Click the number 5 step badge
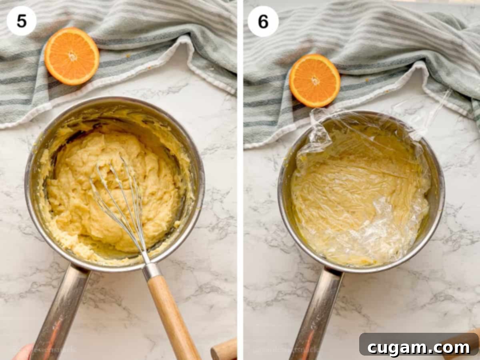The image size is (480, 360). click(22, 21)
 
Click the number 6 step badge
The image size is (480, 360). click(263, 21)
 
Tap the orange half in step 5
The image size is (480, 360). click(72, 56)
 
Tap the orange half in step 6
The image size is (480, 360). click(315, 80)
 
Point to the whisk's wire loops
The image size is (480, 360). click(120, 200)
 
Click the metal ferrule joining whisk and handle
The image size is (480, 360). click(152, 271)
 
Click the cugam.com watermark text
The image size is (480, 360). click(419, 348)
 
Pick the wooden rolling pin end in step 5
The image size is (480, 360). click(224, 350)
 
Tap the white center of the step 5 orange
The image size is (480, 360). click(72, 56)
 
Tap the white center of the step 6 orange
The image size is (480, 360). click(316, 80)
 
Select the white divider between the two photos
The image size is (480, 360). click(240, 180)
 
